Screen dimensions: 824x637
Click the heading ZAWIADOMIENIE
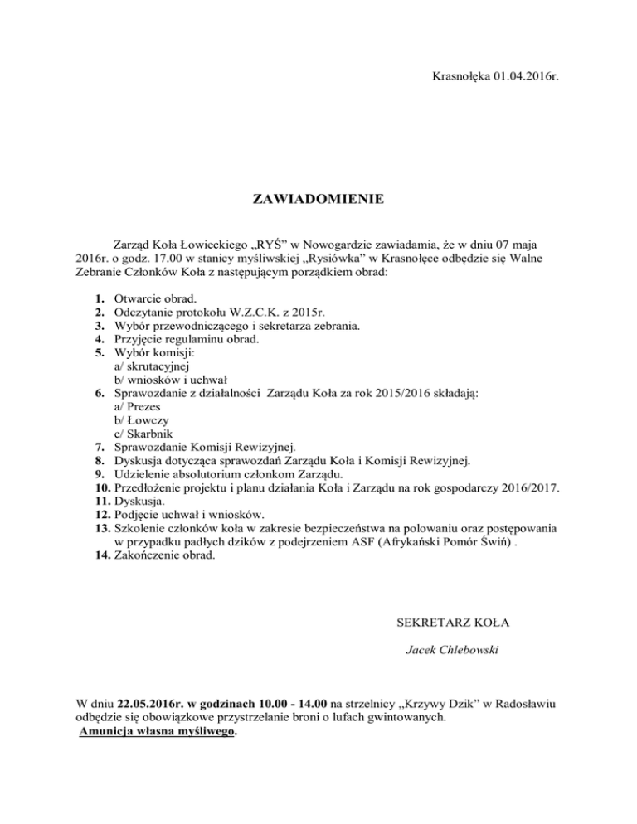point(318,199)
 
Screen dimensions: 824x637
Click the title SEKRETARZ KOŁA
point(443,620)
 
